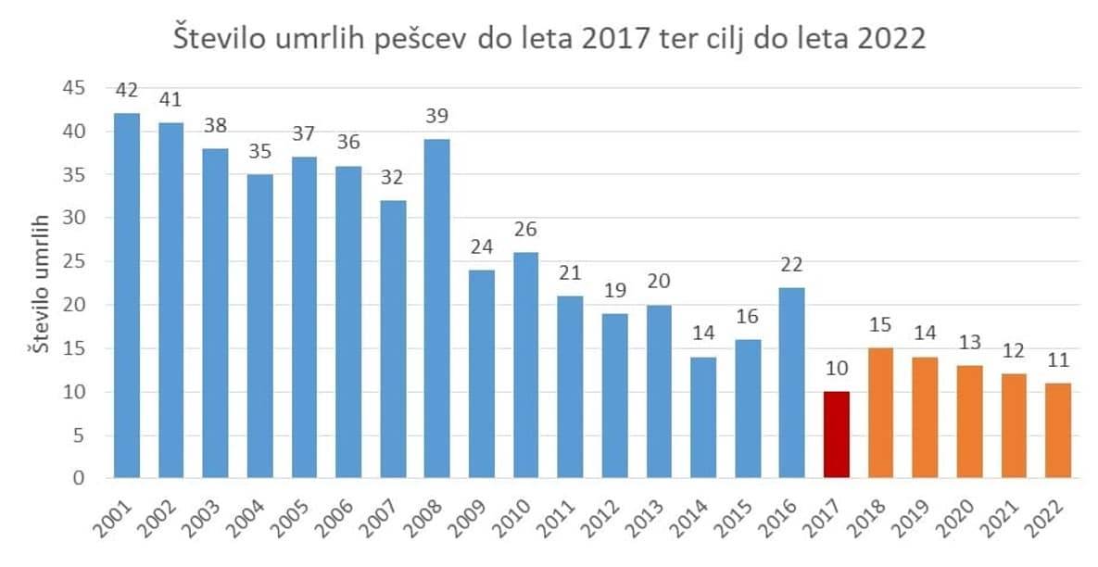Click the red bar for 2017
(836, 435)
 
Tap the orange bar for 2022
(1057, 431)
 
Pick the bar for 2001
(126, 296)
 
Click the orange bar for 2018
(880, 413)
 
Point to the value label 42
(126, 92)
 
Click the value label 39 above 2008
(436, 118)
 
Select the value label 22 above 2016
(792, 266)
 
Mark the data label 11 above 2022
(1057, 361)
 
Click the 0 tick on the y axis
(80, 479)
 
